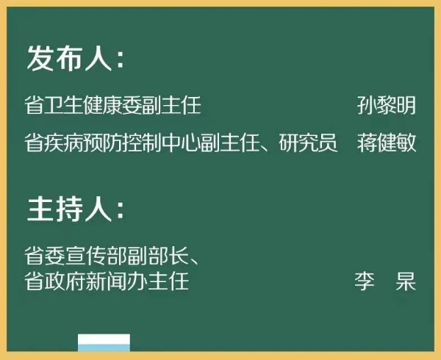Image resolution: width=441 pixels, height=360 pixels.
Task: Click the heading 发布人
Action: pos(70,58)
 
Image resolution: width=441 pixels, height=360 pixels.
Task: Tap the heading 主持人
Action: pos(70,209)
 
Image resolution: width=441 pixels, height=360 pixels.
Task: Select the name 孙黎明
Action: pos(387,105)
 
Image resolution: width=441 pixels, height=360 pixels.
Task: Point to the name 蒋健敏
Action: pos(387,143)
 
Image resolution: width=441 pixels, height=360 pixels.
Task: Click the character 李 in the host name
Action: pos(365,281)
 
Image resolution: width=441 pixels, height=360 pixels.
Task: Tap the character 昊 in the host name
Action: pos(406,281)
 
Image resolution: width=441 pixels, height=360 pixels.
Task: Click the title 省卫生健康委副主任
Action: pos(112,105)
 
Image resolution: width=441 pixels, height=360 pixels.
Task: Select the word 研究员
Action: pos(308,143)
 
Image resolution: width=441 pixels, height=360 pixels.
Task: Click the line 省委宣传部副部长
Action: pos(106,256)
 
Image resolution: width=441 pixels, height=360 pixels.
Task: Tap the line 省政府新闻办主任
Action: pos(107,281)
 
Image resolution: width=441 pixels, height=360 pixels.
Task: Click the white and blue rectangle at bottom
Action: pos(104,342)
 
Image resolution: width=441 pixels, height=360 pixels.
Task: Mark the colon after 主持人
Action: pos(121,211)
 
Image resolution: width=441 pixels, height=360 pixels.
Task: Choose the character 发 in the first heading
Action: pos(40,58)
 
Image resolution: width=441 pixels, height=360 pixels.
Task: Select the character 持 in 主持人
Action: pos(70,209)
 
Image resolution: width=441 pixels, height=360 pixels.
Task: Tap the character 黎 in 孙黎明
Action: pos(386,105)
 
